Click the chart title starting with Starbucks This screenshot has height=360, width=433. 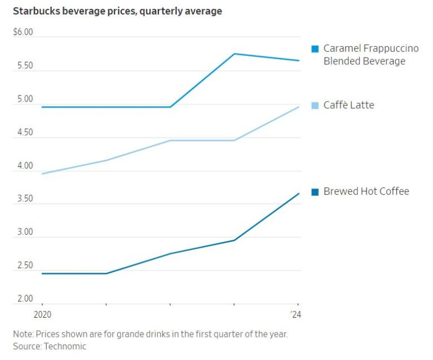pos(117,11)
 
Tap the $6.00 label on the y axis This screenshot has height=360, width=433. pos(23,32)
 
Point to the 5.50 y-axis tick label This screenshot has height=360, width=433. pos(23,66)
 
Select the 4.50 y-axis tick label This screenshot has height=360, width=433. pos(23,133)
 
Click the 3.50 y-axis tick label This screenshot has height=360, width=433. pos(23,199)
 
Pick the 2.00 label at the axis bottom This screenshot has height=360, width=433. pos(23,299)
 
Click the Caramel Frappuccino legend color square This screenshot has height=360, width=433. pos(315,49)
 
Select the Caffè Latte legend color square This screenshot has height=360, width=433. pos(315,106)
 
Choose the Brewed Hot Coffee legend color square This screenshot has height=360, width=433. pos(315,192)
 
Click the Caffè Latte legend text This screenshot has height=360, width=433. pos(348,106)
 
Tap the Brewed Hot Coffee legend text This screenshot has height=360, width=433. pos(366,191)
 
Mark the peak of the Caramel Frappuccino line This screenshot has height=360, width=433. pos(235,54)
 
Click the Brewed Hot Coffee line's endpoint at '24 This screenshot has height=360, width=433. pos(299,193)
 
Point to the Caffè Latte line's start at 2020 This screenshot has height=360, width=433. pos(42,174)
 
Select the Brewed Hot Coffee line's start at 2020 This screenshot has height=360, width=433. pos(42,274)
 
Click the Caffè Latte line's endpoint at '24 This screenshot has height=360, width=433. pos(299,107)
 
